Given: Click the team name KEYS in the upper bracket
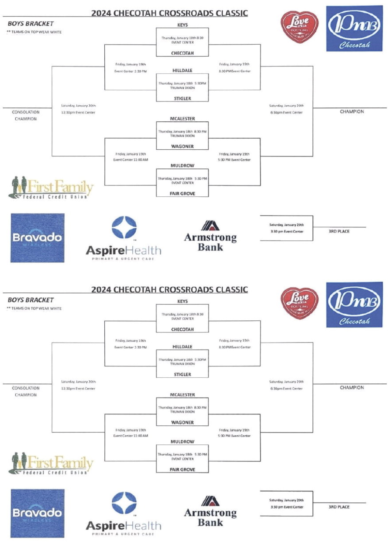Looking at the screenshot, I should point(182,25).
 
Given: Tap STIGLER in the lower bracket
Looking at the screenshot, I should point(182,374).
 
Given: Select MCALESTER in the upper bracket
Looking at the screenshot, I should point(182,119).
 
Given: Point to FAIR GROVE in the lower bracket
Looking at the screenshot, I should point(182,469).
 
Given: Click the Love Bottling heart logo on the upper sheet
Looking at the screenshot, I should point(299,27).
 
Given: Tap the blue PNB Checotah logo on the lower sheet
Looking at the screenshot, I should point(354,305).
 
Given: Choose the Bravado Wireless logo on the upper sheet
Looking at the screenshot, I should point(37,238).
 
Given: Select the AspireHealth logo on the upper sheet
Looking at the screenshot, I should point(123,238).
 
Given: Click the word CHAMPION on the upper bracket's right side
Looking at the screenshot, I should point(352,111).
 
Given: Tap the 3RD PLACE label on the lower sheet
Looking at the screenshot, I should point(339,507).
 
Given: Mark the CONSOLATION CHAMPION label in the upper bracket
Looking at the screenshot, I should point(26,115).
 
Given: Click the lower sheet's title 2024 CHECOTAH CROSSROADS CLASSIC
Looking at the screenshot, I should point(169,289).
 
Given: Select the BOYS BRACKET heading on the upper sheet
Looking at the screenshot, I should point(31,24).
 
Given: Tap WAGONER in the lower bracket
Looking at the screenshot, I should point(182,422).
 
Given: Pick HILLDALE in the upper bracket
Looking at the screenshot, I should point(182,71).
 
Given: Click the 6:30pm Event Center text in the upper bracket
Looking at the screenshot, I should point(286,112).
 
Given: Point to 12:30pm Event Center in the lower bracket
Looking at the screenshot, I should point(78,388).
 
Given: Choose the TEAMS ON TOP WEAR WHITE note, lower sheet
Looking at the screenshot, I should point(34,308).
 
